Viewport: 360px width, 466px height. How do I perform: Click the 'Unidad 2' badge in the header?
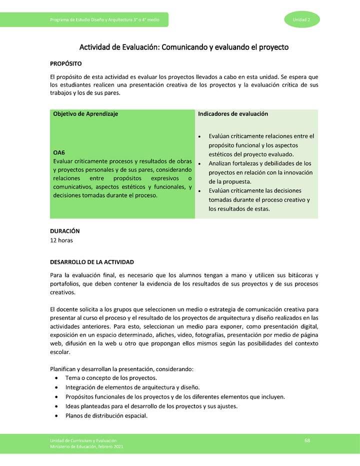pyautogui.click(x=302, y=19)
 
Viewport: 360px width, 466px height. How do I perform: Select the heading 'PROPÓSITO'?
pyautogui.click(x=66, y=64)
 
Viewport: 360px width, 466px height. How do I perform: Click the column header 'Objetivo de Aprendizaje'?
pyautogui.click(x=85, y=114)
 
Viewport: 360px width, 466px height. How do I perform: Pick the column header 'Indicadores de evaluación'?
pyautogui.click(x=233, y=114)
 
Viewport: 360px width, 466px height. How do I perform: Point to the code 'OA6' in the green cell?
pyautogui.click(x=59, y=152)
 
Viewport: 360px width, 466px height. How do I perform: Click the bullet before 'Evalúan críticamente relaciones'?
pyautogui.click(x=200, y=136)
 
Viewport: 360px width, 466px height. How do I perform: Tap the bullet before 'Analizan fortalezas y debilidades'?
pyautogui.click(x=200, y=164)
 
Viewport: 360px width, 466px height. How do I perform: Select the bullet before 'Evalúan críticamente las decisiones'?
pyautogui.click(x=200, y=191)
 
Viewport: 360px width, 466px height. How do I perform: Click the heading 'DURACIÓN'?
pyautogui.click(x=65, y=231)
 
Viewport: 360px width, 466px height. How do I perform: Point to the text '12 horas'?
pyautogui.click(x=61, y=240)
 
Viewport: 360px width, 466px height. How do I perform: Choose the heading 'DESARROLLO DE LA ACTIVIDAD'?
pyautogui.click(x=92, y=262)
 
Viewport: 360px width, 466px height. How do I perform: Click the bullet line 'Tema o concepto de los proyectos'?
pyautogui.click(x=111, y=378)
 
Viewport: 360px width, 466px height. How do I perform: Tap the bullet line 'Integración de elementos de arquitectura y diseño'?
pyautogui.click(x=132, y=387)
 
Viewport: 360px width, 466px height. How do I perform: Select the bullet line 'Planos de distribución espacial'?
pyautogui.click(x=106, y=415)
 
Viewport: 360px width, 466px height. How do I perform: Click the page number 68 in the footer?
pyautogui.click(x=307, y=440)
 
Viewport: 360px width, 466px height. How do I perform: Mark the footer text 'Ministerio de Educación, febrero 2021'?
pyautogui.click(x=86, y=446)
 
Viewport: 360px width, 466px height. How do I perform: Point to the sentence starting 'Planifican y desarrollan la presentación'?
pyautogui.click(x=121, y=369)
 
